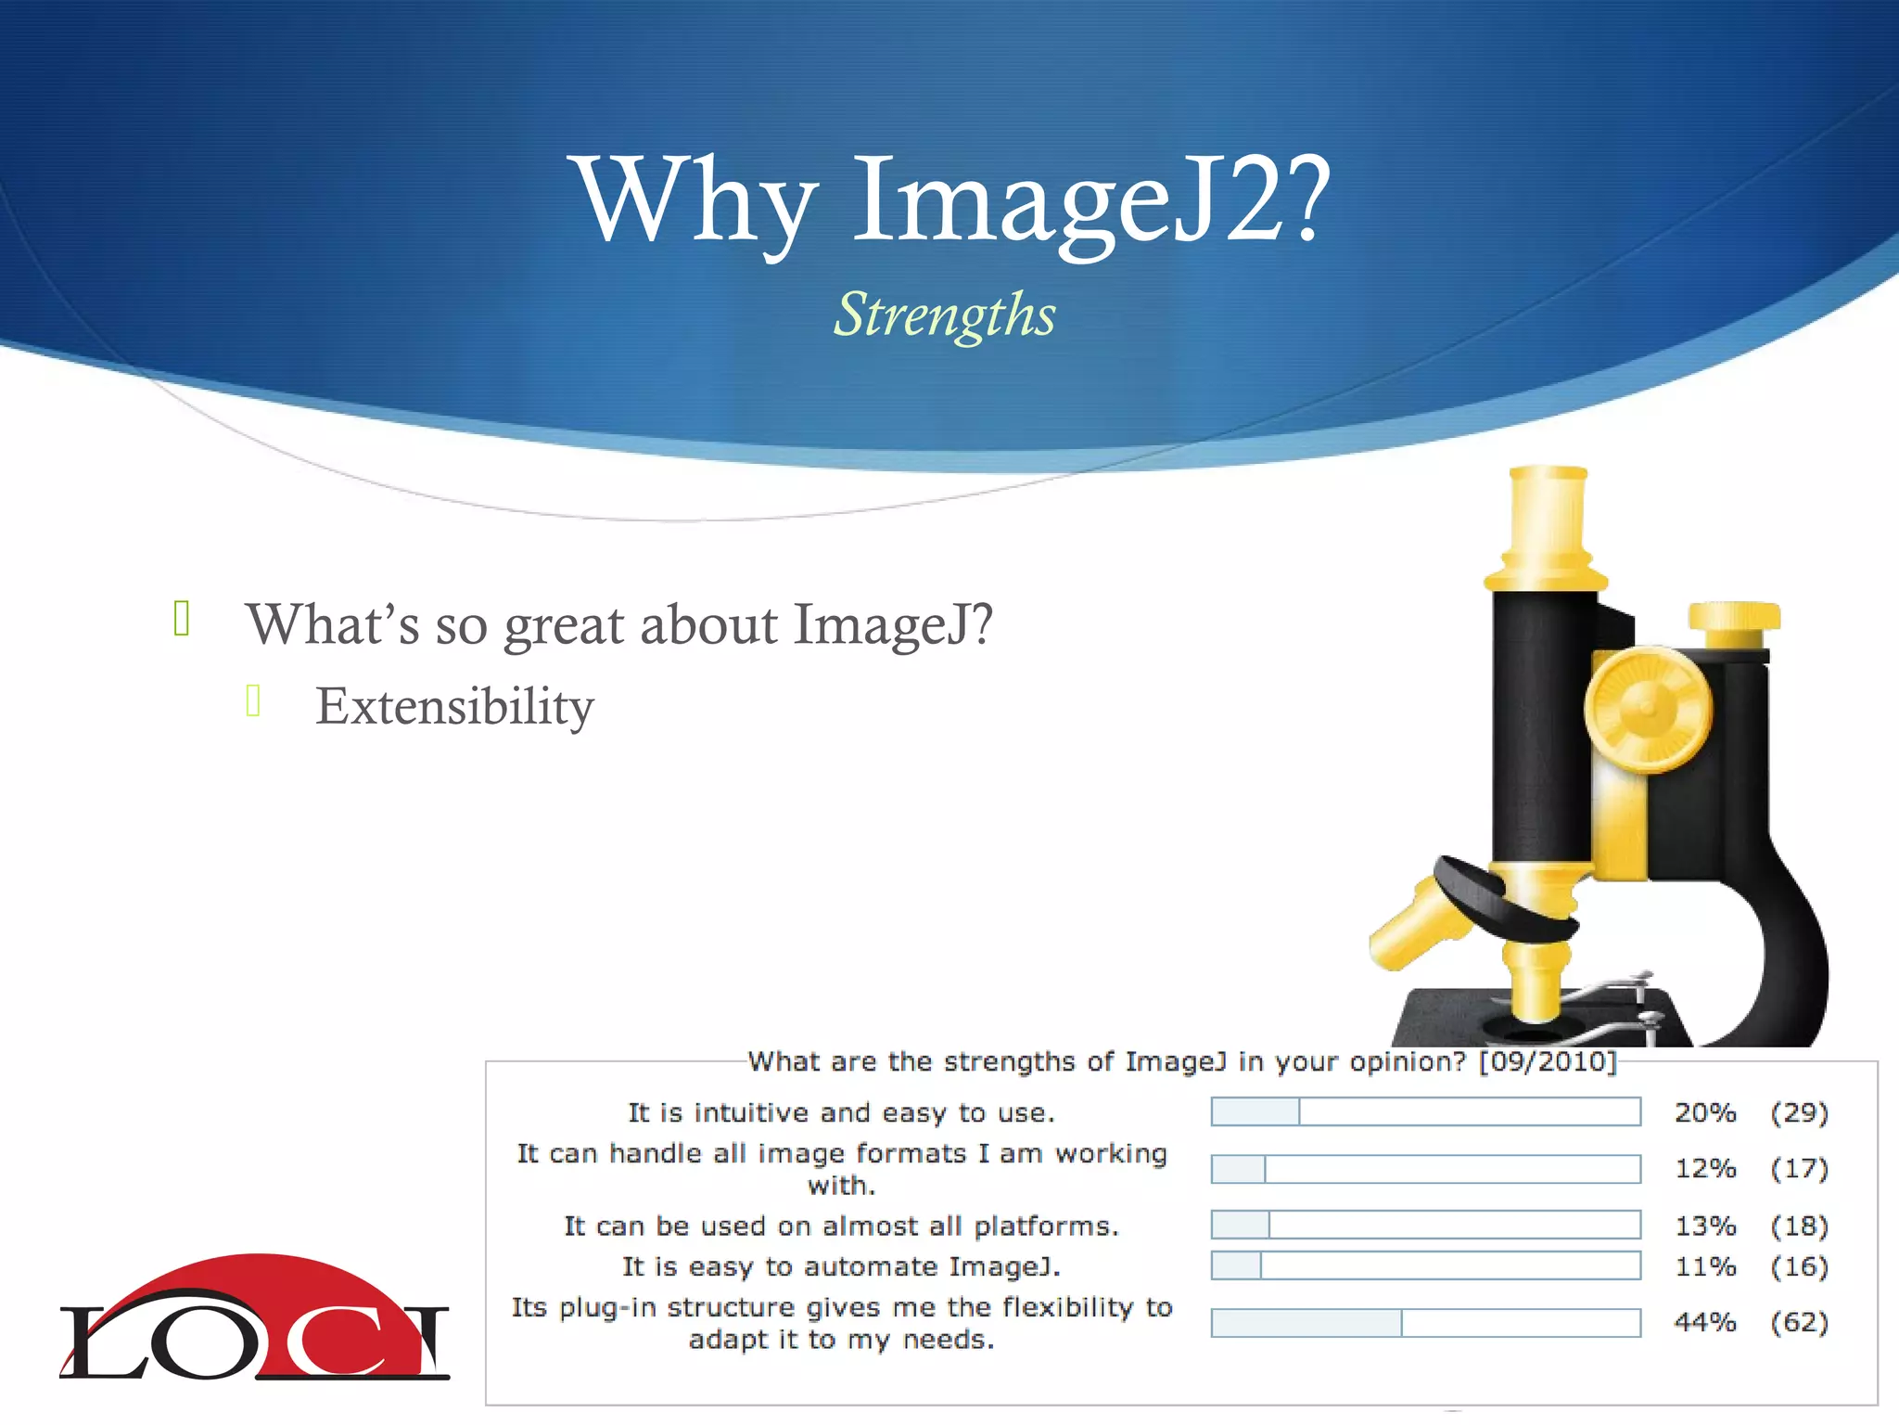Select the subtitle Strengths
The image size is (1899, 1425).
click(944, 315)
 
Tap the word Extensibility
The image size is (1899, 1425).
click(454, 707)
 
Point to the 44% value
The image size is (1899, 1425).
click(1704, 1322)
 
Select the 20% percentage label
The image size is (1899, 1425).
click(1704, 1112)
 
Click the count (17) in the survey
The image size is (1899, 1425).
click(1799, 1168)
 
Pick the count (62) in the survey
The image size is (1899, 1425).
click(1799, 1322)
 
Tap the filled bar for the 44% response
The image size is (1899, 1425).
click(1306, 1323)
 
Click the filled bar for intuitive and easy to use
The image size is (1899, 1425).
click(1255, 1111)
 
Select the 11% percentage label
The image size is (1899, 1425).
click(1704, 1266)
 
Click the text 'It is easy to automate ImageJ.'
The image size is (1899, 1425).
click(841, 1266)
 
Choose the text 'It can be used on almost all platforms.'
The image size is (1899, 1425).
click(841, 1226)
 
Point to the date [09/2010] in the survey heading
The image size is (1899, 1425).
click(1547, 1061)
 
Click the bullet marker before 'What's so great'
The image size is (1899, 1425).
click(182, 619)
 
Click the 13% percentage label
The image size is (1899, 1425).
click(1704, 1226)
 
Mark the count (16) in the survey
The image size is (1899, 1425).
click(1799, 1266)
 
